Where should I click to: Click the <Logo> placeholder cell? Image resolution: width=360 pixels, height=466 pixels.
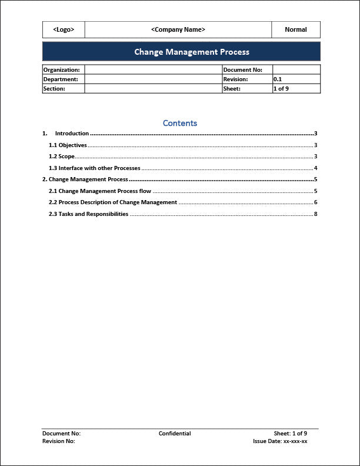[64, 29]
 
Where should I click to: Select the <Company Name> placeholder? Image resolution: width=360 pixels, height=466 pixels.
[178, 29]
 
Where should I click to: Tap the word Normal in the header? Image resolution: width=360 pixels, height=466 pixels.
[296, 29]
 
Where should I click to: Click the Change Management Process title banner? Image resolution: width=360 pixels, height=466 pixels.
[192, 52]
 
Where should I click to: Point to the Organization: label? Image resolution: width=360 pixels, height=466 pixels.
[61, 70]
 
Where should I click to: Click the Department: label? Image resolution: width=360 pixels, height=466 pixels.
[61, 79]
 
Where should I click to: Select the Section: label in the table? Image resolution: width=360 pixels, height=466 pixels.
[54, 89]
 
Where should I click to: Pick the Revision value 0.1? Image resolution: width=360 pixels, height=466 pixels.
[278, 79]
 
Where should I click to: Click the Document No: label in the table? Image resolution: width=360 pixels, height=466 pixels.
[242, 70]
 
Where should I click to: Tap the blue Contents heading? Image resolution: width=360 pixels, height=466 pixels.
[180, 124]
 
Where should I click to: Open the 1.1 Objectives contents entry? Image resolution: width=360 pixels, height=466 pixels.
[68, 145]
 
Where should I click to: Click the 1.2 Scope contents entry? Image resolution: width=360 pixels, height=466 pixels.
[62, 157]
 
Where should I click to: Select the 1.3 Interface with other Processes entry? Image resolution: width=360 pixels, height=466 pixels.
[95, 168]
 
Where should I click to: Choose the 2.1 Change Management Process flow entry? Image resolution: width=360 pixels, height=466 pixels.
[100, 191]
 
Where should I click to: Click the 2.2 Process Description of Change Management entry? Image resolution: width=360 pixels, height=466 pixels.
[113, 202]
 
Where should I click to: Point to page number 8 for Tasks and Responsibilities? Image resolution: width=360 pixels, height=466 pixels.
[316, 214]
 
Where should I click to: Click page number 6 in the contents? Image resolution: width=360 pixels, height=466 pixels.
[316, 202]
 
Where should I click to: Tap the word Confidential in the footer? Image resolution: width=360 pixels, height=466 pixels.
[175, 434]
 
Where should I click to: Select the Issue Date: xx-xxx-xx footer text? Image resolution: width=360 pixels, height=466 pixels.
[280, 441]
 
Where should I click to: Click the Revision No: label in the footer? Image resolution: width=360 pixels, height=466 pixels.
[59, 441]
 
